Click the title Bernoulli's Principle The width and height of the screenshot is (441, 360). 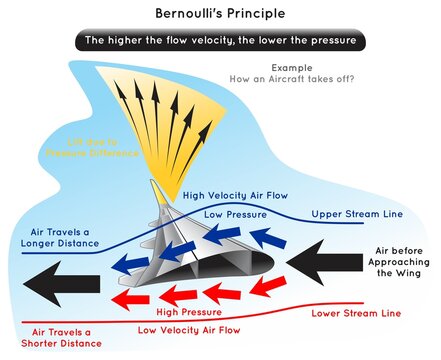pos(220,15)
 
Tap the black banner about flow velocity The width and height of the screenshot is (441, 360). pos(220,42)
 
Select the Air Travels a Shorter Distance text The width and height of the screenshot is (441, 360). pos(51,338)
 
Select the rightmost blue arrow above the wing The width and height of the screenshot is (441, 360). pos(268,237)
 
